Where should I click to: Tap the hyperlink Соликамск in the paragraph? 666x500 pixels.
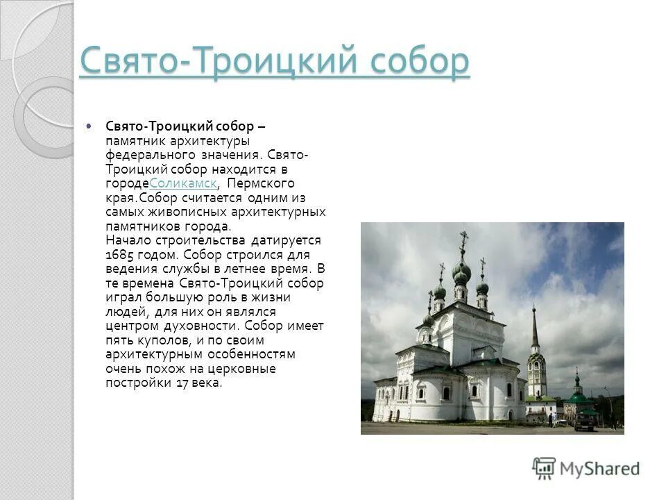coord(183,183)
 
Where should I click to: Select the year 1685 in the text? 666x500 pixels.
coord(122,254)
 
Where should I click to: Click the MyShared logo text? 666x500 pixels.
coord(599,468)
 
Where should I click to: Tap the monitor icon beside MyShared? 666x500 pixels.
coord(544,467)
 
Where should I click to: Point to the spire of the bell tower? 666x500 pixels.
coord(535,326)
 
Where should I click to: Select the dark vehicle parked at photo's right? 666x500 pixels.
coord(584,424)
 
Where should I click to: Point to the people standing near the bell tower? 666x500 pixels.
coord(554,420)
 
